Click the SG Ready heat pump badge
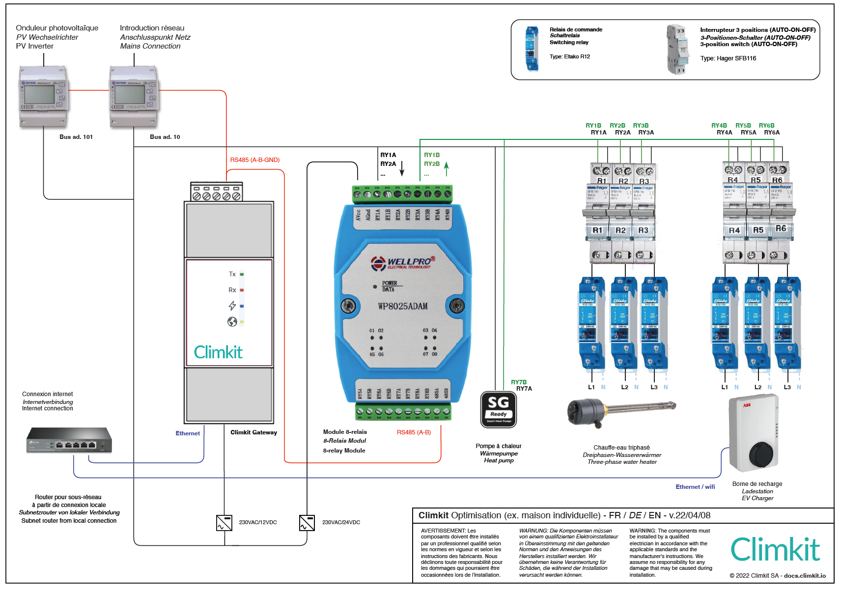point(498,409)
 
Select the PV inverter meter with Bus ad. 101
point(43,97)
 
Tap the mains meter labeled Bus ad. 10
point(134,97)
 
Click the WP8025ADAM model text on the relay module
point(402,306)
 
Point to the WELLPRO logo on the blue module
point(403,263)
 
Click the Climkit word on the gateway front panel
point(218,352)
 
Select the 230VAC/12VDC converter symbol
point(224,523)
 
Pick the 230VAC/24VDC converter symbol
point(307,523)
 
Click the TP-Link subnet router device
point(69,440)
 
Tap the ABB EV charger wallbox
point(754,433)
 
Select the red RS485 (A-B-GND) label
point(254,160)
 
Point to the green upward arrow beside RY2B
point(446,168)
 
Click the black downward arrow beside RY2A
point(402,168)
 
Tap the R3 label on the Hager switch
point(643,230)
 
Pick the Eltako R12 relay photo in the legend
point(532,49)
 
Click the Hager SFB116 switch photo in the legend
point(677,49)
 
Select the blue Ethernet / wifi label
point(695,487)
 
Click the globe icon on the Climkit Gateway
point(232,321)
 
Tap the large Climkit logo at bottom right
point(775,549)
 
